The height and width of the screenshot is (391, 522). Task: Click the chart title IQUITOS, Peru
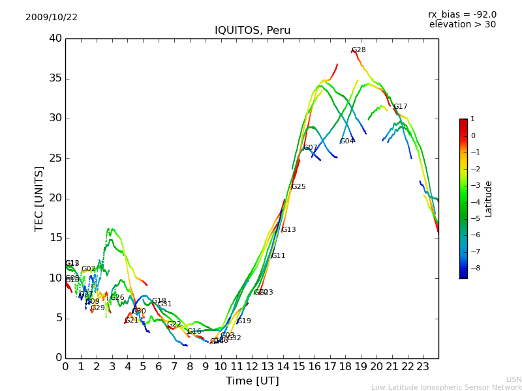coord(253,31)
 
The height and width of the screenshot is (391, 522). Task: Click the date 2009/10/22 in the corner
coord(52,17)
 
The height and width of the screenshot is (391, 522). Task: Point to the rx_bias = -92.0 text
coord(462,14)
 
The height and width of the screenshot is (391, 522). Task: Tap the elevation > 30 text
coord(462,25)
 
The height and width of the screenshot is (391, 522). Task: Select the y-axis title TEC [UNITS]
coord(39,198)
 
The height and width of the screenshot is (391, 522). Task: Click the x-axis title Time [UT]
coord(252,381)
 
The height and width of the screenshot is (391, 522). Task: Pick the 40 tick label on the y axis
coord(55,38)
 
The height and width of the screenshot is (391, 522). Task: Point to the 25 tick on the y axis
coord(55,158)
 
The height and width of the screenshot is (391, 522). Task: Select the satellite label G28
coord(359,50)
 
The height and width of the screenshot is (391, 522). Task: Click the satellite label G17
coord(400,107)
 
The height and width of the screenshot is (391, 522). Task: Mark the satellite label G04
coord(347,141)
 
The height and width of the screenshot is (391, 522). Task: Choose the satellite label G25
coord(298,187)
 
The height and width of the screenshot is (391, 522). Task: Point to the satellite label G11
coord(279,256)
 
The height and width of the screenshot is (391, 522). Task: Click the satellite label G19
coord(244,321)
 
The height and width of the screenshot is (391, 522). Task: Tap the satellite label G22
coord(174,325)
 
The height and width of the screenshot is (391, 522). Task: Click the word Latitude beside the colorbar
coord(489,199)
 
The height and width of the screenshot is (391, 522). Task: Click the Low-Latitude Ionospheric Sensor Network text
coord(446,387)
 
